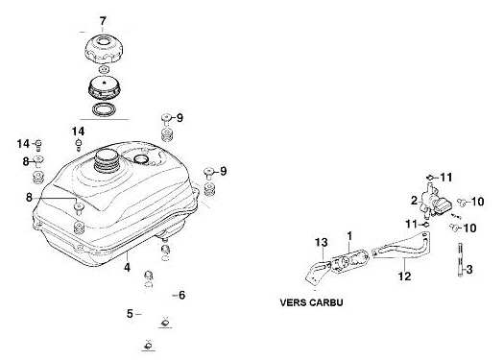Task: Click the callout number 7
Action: coord(103,21)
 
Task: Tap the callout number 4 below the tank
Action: coord(128,267)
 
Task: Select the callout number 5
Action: coord(130,314)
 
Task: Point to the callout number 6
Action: coord(182,295)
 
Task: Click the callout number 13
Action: coord(321,242)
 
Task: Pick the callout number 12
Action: coord(405,276)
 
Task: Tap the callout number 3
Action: coord(469,270)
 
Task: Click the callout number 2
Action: coord(415,201)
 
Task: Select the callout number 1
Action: coord(349,236)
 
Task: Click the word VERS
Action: coord(294,302)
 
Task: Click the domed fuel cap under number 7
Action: coord(104,49)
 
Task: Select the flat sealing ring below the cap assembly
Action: coord(103,109)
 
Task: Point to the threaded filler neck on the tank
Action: coord(107,162)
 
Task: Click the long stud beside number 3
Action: coord(460,260)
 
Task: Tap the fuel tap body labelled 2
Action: coord(434,202)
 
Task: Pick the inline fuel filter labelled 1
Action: coord(349,261)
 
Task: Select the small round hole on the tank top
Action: coord(141,158)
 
